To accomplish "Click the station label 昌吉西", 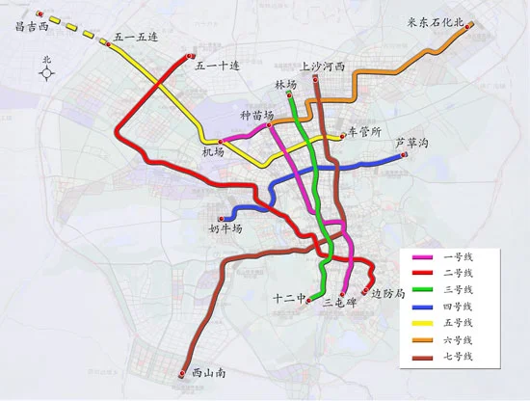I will click(x=33, y=27).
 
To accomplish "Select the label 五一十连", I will click(x=216, y=66).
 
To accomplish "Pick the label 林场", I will click(x=286, y=85).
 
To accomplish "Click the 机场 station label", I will click(x=213, y=152).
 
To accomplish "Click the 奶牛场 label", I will click(x=225, y=228).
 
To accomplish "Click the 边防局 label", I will click(x=387, y=295).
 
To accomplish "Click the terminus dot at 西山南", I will click(x=183, y=371).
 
